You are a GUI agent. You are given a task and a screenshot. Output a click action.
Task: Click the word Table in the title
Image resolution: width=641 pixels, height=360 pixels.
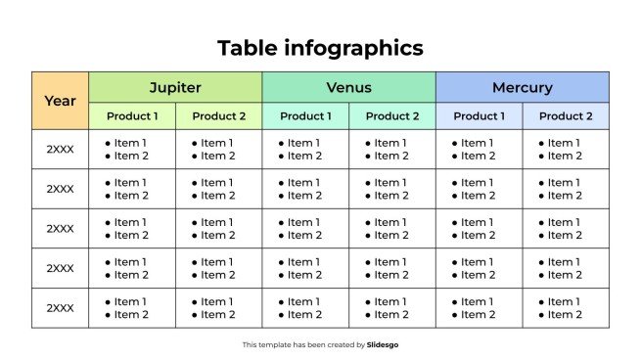(x=249, y=48)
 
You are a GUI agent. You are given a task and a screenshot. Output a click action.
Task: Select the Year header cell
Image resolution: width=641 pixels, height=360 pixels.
(x=60, y=101)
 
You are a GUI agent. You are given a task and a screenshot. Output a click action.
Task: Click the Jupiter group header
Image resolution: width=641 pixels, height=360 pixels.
(x=175, y=87)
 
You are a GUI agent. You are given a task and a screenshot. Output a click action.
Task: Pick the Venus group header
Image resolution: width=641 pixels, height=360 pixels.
(x=348, y=87)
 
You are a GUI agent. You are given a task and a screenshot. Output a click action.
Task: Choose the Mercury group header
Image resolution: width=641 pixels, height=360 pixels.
(x=522, y=87)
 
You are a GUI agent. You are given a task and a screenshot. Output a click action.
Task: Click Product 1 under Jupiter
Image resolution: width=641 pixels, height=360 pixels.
(x=132, y=116)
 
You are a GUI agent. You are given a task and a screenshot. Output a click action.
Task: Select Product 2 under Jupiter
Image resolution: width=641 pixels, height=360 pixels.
(x=218, y=116)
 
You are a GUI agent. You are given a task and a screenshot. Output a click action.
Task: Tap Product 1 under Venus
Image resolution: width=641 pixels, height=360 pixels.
(x=305, y=116)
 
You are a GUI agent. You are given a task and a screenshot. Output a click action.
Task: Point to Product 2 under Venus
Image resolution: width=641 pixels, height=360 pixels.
(x=391, y=116)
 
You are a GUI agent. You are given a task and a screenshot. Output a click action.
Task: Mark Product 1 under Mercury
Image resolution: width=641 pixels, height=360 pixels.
(x=479, y=116)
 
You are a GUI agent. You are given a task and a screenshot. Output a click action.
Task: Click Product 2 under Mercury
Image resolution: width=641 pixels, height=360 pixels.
(x=566, y=116)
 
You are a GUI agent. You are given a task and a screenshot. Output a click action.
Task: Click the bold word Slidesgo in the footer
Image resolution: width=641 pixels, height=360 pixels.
(x=383, y=344)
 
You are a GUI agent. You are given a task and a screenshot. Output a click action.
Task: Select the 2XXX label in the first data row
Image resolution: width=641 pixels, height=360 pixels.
(x=60, y=150)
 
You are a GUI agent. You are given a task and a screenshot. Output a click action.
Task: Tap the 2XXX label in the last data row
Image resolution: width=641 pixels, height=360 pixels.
(x=60, y=308)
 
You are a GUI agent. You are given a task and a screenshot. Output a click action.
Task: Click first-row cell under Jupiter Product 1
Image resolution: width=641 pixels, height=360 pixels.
(x=132, y=150)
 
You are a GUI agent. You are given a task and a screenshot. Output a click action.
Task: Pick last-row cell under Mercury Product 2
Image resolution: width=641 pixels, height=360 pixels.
(x=566, y=308)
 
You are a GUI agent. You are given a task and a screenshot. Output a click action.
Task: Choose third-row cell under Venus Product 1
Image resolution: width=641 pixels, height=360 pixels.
(x=305, y=229)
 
